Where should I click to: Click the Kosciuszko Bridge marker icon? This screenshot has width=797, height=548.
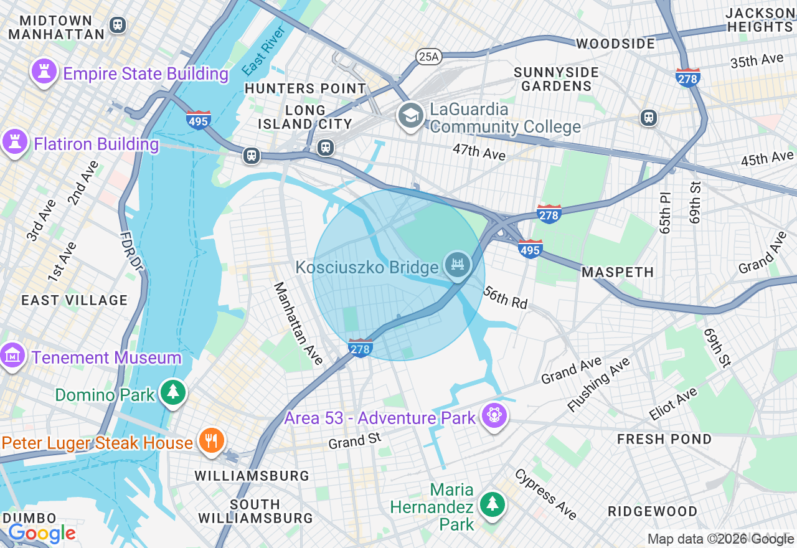[x=458, y=266]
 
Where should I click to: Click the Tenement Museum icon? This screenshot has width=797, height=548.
[x=12, y=356]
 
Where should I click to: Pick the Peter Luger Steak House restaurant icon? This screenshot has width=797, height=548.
[x=212, y=440]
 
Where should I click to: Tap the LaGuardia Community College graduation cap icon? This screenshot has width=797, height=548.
[x=411, y=116]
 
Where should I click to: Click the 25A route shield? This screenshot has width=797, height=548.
[x=428, y=57]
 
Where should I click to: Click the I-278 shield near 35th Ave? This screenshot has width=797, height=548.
[x=687, y=77]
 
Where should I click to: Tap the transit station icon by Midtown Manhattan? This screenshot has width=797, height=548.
[x=117, y=25]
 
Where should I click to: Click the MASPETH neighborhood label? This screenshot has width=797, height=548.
[x=617, y=272]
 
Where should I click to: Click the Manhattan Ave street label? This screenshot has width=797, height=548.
[x=298, y=323]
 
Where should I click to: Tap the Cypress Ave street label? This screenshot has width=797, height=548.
[x=545, y=494]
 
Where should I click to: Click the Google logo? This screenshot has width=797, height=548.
[x=41, y=533]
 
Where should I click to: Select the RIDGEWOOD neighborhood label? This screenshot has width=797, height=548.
[x=652, y=511]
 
